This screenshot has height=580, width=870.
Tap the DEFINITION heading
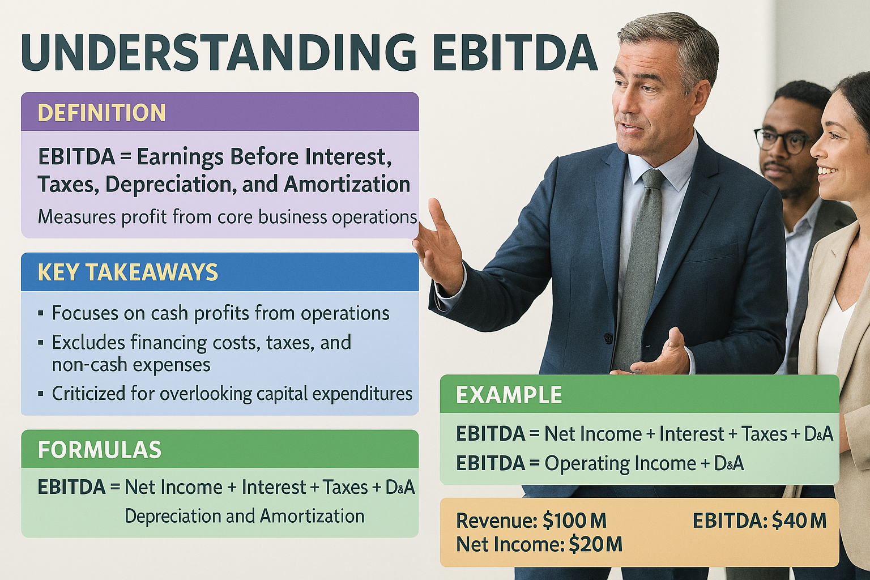point(101,113)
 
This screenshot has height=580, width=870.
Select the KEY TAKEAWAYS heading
point(128,272)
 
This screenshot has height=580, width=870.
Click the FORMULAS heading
point(100,450)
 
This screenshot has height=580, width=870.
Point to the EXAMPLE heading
point(509,395)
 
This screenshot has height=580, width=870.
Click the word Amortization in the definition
point(347,185)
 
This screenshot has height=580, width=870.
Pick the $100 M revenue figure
point(574,521)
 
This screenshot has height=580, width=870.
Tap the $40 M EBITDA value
point(799,521)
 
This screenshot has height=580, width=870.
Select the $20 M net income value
point(595,544)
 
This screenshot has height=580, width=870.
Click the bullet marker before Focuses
point(41,313)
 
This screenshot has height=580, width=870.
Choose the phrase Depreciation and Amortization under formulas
point(245,517)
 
